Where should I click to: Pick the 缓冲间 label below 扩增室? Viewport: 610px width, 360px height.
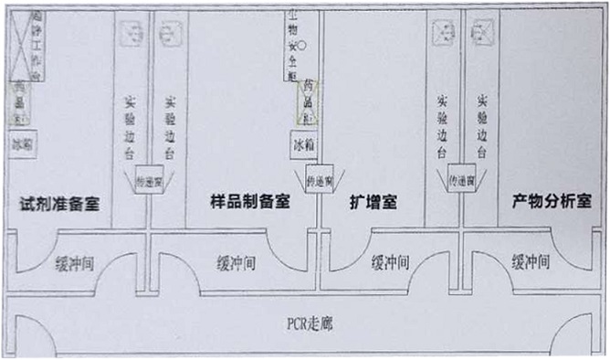point(394,262)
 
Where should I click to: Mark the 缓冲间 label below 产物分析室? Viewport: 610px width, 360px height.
point(531,262)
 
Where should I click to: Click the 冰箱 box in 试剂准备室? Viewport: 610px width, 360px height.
point(22,144)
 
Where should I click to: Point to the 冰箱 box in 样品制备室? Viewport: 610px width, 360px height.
point(305,144)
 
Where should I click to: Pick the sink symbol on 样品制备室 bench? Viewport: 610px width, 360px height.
point(169,36)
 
